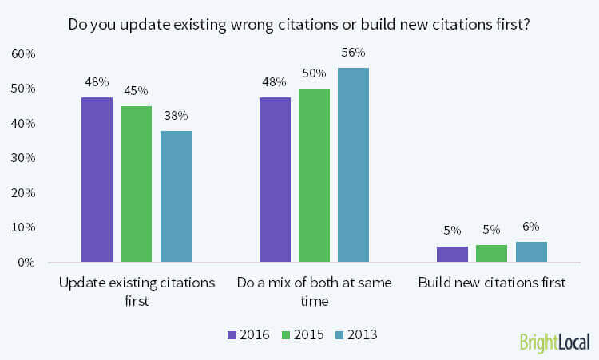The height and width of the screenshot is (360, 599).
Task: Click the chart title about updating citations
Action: pos(299,24)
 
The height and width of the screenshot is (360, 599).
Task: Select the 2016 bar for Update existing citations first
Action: pos(97,180)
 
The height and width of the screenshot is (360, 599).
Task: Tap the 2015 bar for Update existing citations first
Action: pos(137,184)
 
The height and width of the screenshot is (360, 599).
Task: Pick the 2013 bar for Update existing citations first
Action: pos(176,196)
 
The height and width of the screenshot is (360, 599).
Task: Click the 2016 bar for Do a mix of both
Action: pos(275,180)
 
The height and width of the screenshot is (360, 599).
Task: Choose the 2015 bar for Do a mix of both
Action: pos(314,176)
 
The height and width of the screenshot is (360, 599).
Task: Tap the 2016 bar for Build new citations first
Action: pos(452,254)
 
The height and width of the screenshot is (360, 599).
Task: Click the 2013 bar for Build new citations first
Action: pos(531,252)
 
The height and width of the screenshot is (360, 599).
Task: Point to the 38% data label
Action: pos(176,115)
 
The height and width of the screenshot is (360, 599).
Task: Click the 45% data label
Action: pos(137,91)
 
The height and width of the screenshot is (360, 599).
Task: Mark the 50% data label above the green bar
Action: pos(314,74)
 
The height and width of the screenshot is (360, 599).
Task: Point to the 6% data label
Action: pos(531,227)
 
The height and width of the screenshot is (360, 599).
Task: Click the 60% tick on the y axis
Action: pos(22,54)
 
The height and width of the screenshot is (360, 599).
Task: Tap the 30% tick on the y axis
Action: pos(22,158)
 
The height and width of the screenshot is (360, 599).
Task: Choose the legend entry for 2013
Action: pos(354,335)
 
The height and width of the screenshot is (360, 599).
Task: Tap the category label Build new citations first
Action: pos(492,283)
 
